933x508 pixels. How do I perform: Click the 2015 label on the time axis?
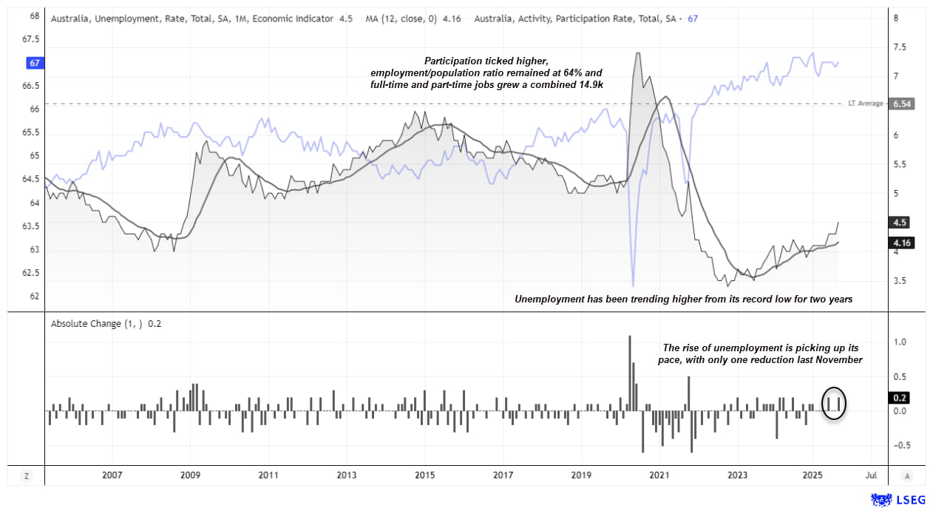click(424, 475)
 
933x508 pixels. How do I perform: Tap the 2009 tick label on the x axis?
click(190, 475)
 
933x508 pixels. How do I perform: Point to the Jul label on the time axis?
click(872, 475)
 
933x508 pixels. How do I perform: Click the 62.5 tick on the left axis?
click(30, 273)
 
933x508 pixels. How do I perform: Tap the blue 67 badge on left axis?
click(34, 63)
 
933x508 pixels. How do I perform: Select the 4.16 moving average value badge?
click(901, 242)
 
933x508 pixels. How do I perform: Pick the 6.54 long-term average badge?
click(901, 104)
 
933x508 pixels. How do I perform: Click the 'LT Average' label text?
click(866, 104)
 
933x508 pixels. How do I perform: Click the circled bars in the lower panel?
click(834, 403)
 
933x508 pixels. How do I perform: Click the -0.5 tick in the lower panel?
click(900, 445)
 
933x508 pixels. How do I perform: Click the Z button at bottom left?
click(27, 475)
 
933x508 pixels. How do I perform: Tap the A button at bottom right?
click(907, 475)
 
